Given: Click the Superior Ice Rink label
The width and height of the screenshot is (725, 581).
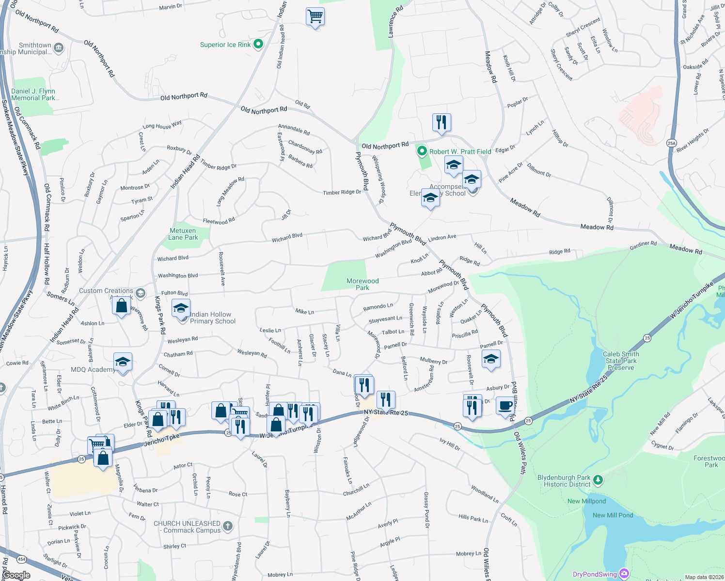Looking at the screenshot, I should [x=225, y=45].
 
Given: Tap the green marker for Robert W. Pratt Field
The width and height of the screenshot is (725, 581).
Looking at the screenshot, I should [x=422, y=152].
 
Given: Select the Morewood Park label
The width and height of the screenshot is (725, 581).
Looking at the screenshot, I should [x=362, y=284].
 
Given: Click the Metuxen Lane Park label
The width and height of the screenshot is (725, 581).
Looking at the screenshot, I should [x=183, y=234].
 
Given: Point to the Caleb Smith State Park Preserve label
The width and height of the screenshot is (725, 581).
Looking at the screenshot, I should [x=621, y=361].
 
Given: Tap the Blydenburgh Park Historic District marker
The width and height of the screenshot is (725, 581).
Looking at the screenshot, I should [x=598, y=480].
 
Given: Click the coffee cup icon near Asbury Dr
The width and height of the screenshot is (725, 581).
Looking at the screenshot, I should [x=505, y=405].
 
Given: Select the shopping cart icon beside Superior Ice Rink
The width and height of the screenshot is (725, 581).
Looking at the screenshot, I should [x=315, y=16].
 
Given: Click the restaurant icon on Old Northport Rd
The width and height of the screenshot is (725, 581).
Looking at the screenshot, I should [x=441, y=122].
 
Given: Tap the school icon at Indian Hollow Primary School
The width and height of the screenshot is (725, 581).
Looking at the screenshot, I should [x=181, y=308].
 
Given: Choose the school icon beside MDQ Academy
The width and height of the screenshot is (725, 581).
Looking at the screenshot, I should [x=123, y=362].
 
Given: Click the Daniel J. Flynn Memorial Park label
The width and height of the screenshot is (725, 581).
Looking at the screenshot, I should [x=33, y=94].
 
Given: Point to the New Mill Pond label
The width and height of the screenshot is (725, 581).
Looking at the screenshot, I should [x=613, y=515].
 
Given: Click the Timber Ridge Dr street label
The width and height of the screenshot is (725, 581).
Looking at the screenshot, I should [x=342, y=192].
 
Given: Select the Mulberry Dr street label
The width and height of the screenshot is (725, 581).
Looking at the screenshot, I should [x=434, y=361].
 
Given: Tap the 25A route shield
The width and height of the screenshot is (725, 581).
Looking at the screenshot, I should [x=671, y=143].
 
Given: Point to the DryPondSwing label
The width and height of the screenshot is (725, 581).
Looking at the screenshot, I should [x=595, y=575].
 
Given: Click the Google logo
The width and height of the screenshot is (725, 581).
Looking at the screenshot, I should [x=16, y=575].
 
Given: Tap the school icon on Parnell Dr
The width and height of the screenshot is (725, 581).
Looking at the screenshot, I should [x=491, y=359].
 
